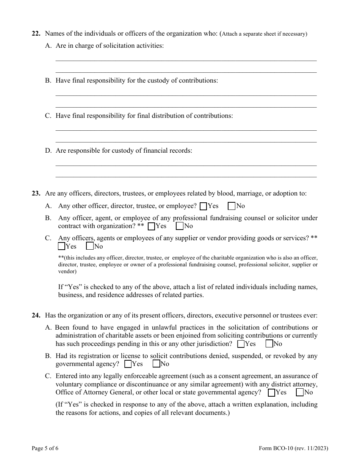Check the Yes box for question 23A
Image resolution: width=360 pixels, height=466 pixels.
tap(203, 206)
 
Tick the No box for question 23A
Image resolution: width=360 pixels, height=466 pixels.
tap(232, 206)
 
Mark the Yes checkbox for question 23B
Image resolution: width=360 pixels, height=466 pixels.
tap(151, 226)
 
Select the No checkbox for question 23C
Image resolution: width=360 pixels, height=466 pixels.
tap(90, 246)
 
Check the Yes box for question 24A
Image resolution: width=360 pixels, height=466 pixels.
tap(241, 344)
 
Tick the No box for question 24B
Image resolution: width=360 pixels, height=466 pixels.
tap(156, 364)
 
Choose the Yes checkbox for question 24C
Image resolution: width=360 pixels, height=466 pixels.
tap(271, 393)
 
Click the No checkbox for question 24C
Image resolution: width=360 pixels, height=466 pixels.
tap(300, 393)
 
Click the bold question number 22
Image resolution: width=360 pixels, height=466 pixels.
tap(36, 34)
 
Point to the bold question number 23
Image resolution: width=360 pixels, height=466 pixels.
tap(36, 194)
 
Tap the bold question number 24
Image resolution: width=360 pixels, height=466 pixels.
tap(36, 316)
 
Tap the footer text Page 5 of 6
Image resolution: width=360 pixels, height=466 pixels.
tap(45, 449)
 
